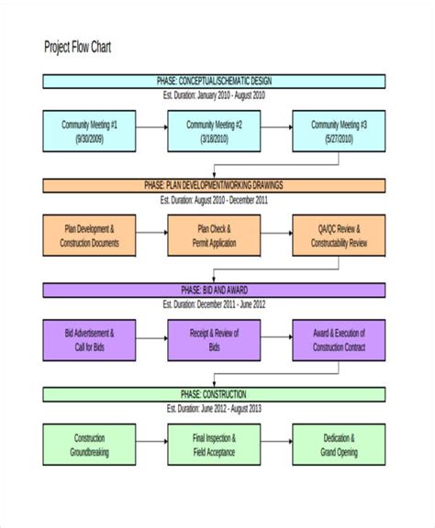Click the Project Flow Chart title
point(78,47)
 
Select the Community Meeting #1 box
point(89,131)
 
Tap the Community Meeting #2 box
point(214,131)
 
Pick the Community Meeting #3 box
point(339,131)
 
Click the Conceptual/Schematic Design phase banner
point(215,81)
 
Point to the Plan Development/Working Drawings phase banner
point(215,185)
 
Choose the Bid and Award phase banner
point(215,290)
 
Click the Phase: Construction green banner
point(215,394)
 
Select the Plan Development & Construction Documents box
point(89,236)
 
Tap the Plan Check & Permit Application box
point(214,236)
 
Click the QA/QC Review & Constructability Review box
point(339,236)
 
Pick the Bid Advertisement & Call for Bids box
point(89,340)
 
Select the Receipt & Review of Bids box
point(214,340)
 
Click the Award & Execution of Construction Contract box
point(339,340)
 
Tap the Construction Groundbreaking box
point(89,445)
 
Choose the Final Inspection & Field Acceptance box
point(214,445)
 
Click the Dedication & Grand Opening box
point(339,445)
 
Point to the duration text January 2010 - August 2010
point(215,94)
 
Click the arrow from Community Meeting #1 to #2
point(151,131)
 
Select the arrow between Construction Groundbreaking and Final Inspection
point(151,445)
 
